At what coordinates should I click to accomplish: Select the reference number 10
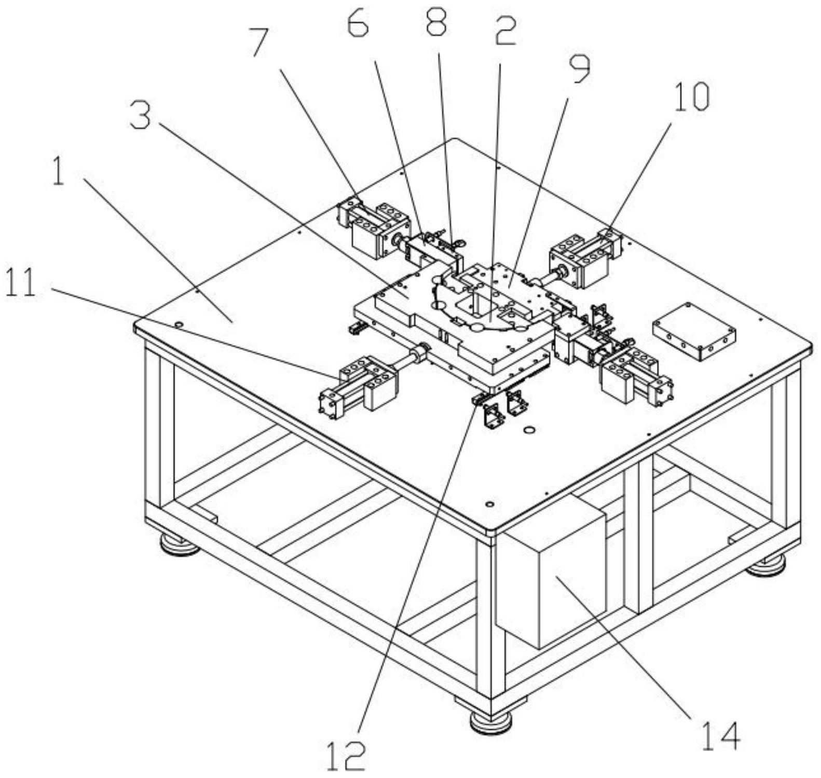(x=691, y=97)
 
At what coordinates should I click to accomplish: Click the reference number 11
(x=21, y=283)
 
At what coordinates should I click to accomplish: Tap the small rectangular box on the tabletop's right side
(x=693, y=331)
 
